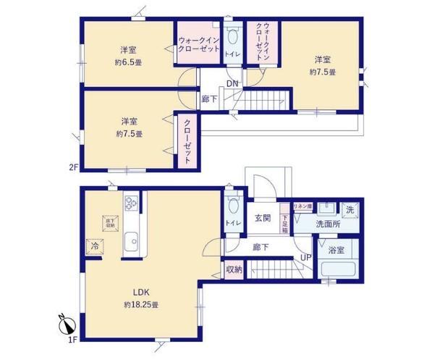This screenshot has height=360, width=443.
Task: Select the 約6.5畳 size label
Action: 129,62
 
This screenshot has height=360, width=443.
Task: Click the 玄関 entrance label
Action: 262,217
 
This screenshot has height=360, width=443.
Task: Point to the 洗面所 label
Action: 329,224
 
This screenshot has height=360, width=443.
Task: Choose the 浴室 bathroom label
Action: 336,253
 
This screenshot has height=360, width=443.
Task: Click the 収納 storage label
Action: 233,269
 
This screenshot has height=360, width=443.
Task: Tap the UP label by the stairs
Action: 306,257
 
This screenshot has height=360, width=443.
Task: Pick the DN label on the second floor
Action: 232,83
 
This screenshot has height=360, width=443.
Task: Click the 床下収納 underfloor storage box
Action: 111,222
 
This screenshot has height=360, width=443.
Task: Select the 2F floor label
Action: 73,167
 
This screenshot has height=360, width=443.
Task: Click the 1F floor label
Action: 73,340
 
